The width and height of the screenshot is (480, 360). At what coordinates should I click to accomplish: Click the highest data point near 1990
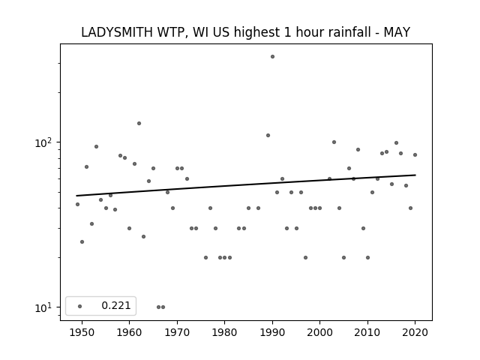(272, 57)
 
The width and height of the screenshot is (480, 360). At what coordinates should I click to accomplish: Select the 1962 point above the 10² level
(139, 123)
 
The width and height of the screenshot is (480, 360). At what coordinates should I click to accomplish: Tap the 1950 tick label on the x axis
(82, 332)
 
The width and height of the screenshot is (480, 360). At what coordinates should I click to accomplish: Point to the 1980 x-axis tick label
(225, 332)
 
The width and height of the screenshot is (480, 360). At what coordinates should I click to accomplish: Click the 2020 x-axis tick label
(415, 332)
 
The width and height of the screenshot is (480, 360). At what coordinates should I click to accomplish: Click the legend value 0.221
(116, 305)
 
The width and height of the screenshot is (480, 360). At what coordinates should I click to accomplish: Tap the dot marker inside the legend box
(80, 306)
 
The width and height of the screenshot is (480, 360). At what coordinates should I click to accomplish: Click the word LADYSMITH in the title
(117, 32)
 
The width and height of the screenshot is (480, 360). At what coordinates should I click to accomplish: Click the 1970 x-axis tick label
(177, 332)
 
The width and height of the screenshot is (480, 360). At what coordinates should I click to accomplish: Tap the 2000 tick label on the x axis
(320, 332)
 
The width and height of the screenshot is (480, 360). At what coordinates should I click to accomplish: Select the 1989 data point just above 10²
(268, 135)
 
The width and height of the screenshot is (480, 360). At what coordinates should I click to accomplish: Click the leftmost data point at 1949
(77, 204)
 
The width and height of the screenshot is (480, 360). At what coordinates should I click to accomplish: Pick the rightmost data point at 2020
(415, 155)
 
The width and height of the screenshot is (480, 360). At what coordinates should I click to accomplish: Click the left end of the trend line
(76, 196)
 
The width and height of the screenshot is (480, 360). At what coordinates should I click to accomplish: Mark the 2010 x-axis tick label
(367, 332)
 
